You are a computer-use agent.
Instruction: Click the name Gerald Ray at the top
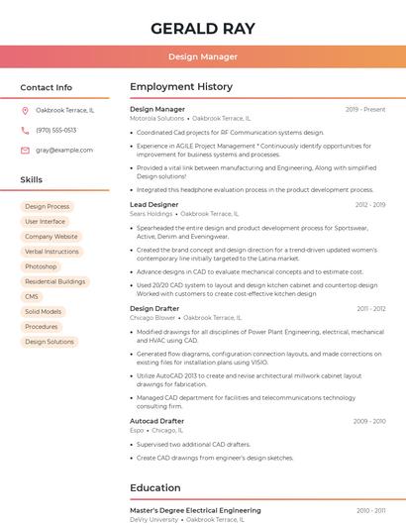[202, 28]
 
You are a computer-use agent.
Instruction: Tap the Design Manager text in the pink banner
[202, 57]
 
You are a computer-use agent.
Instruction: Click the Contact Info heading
[46, 87]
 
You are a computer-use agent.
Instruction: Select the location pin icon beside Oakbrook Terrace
[25, 110]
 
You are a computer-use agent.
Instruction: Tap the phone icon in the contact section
[25, 130]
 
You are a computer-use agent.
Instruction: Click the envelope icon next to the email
[25, 150]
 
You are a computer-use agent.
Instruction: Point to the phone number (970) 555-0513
[55, 130]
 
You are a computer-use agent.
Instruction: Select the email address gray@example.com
[64, 150]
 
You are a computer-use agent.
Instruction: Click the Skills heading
[31, 179]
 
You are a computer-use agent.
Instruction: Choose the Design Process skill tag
[47, 206]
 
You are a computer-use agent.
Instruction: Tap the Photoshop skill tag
[41, 266]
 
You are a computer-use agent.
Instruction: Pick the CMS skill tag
[32, 296]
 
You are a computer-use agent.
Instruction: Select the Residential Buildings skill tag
[54, 281]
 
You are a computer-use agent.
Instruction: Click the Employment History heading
[180, 87]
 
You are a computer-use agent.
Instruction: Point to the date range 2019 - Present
[365, 109]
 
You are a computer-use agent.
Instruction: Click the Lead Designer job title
[153, 204]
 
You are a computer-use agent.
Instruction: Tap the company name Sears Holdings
[151, 213]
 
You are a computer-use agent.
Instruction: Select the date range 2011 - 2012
[371, 308]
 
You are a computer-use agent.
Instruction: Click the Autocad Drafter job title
[156, 421]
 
